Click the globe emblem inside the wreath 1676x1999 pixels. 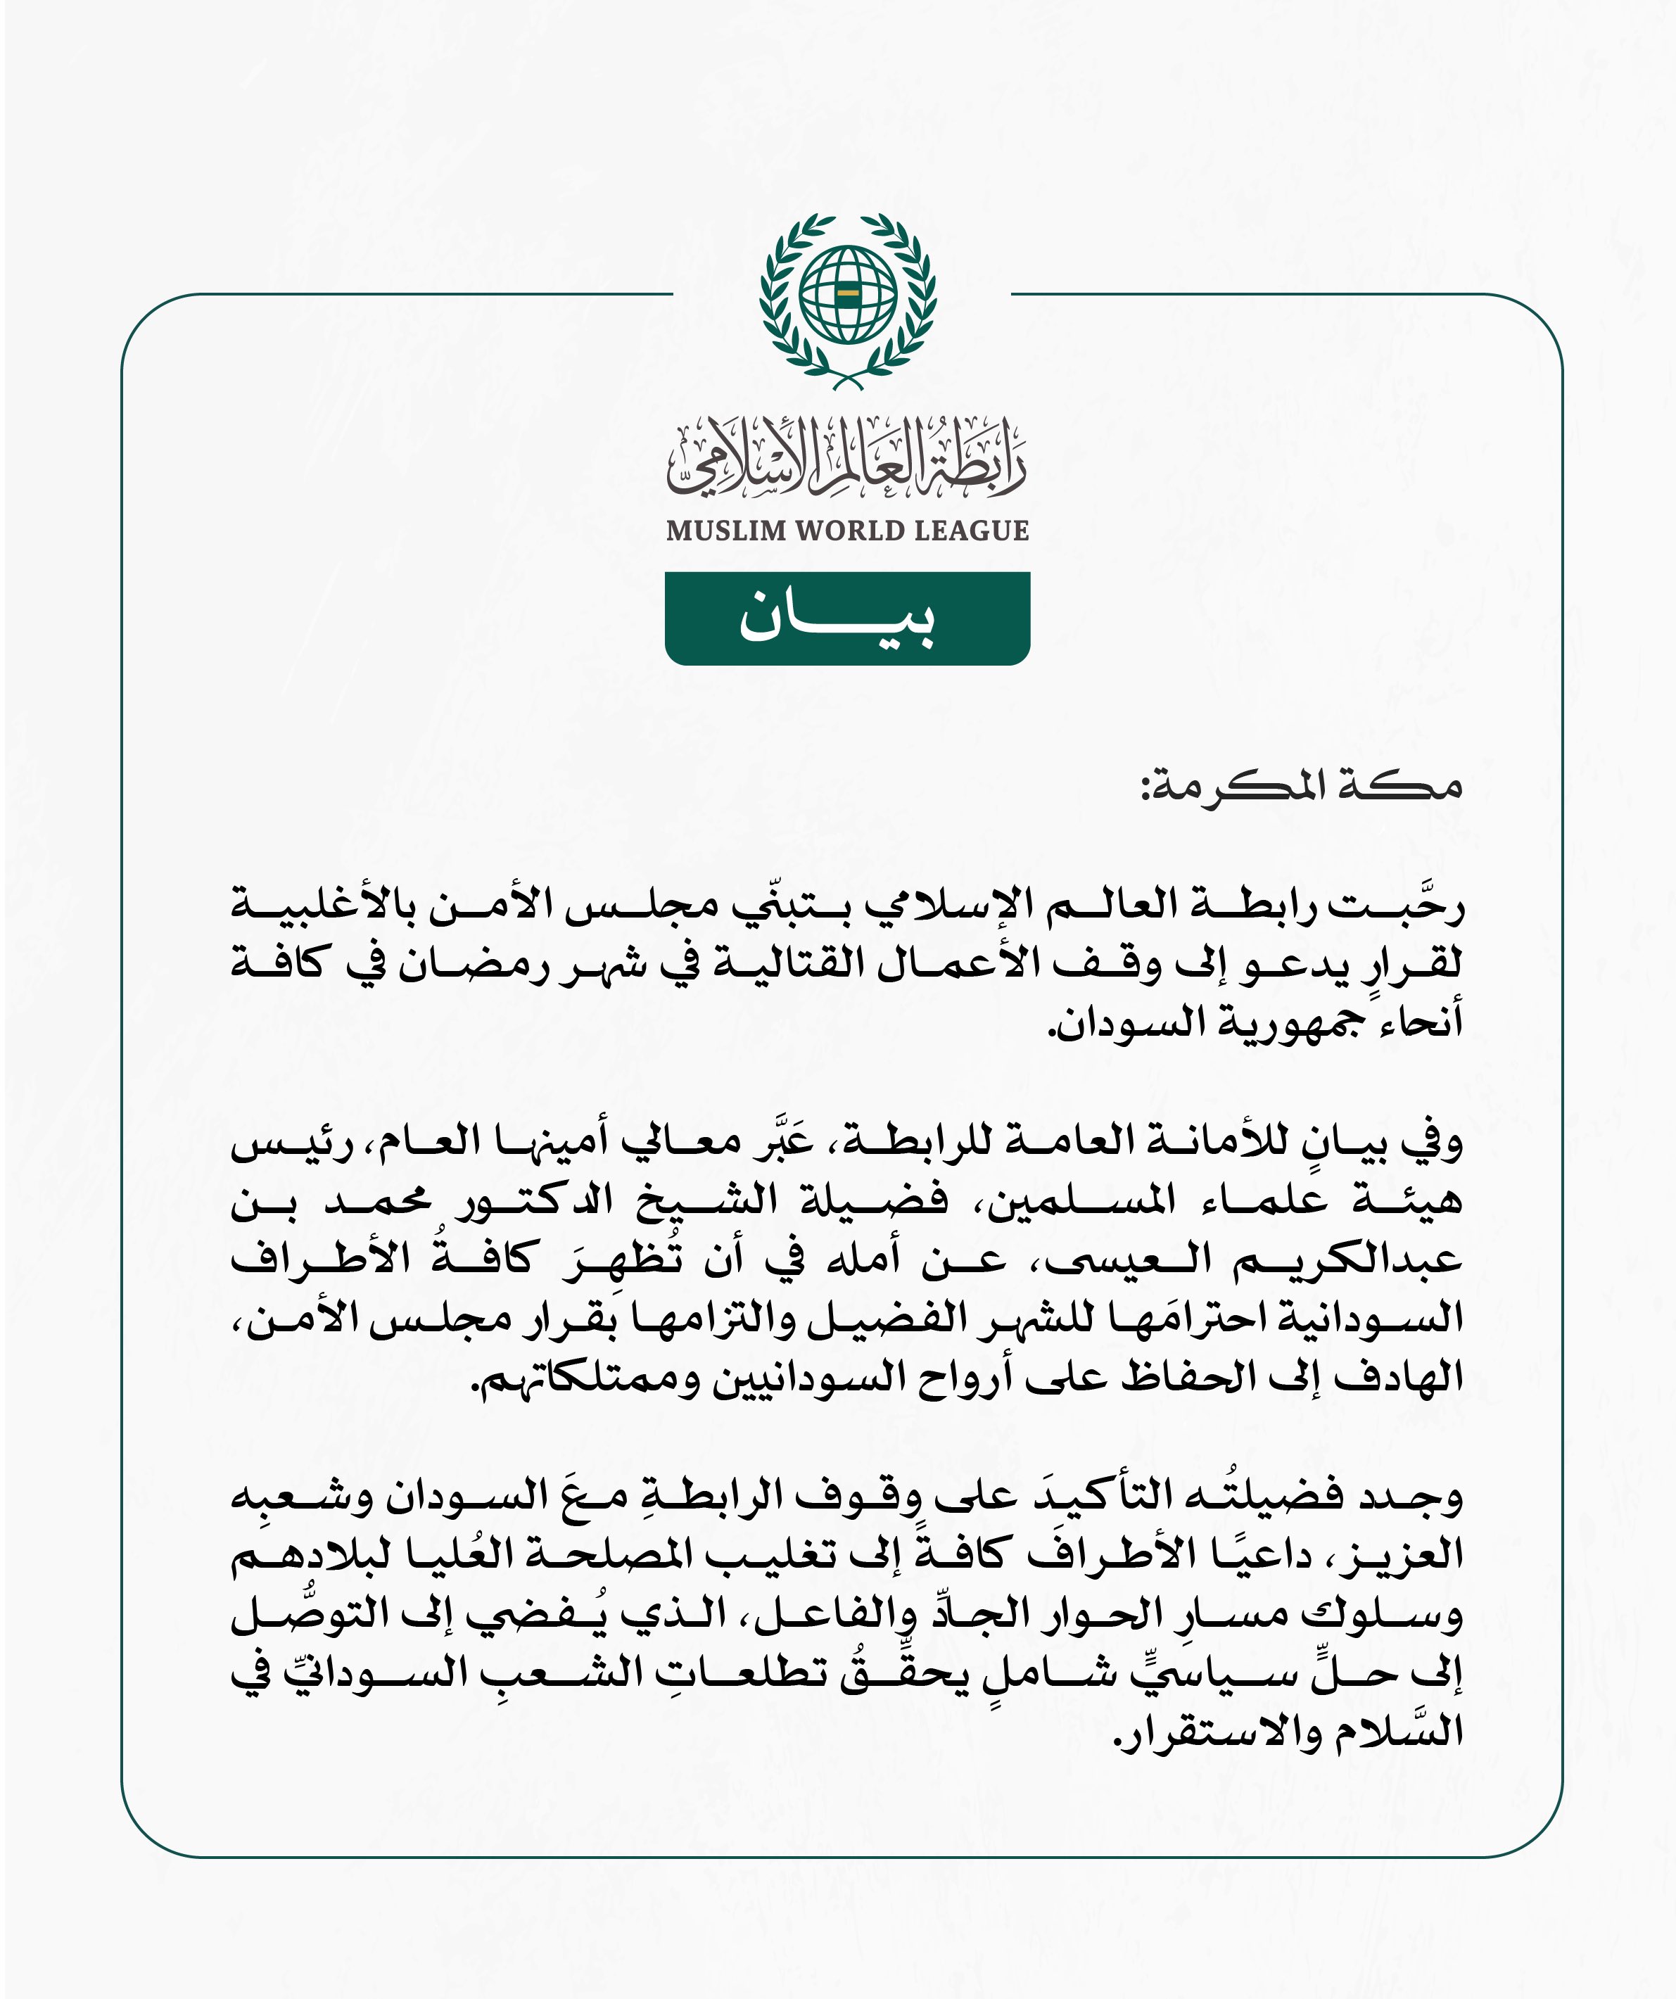tap(847, 294)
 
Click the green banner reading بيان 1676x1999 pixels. tap(847, 618)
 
